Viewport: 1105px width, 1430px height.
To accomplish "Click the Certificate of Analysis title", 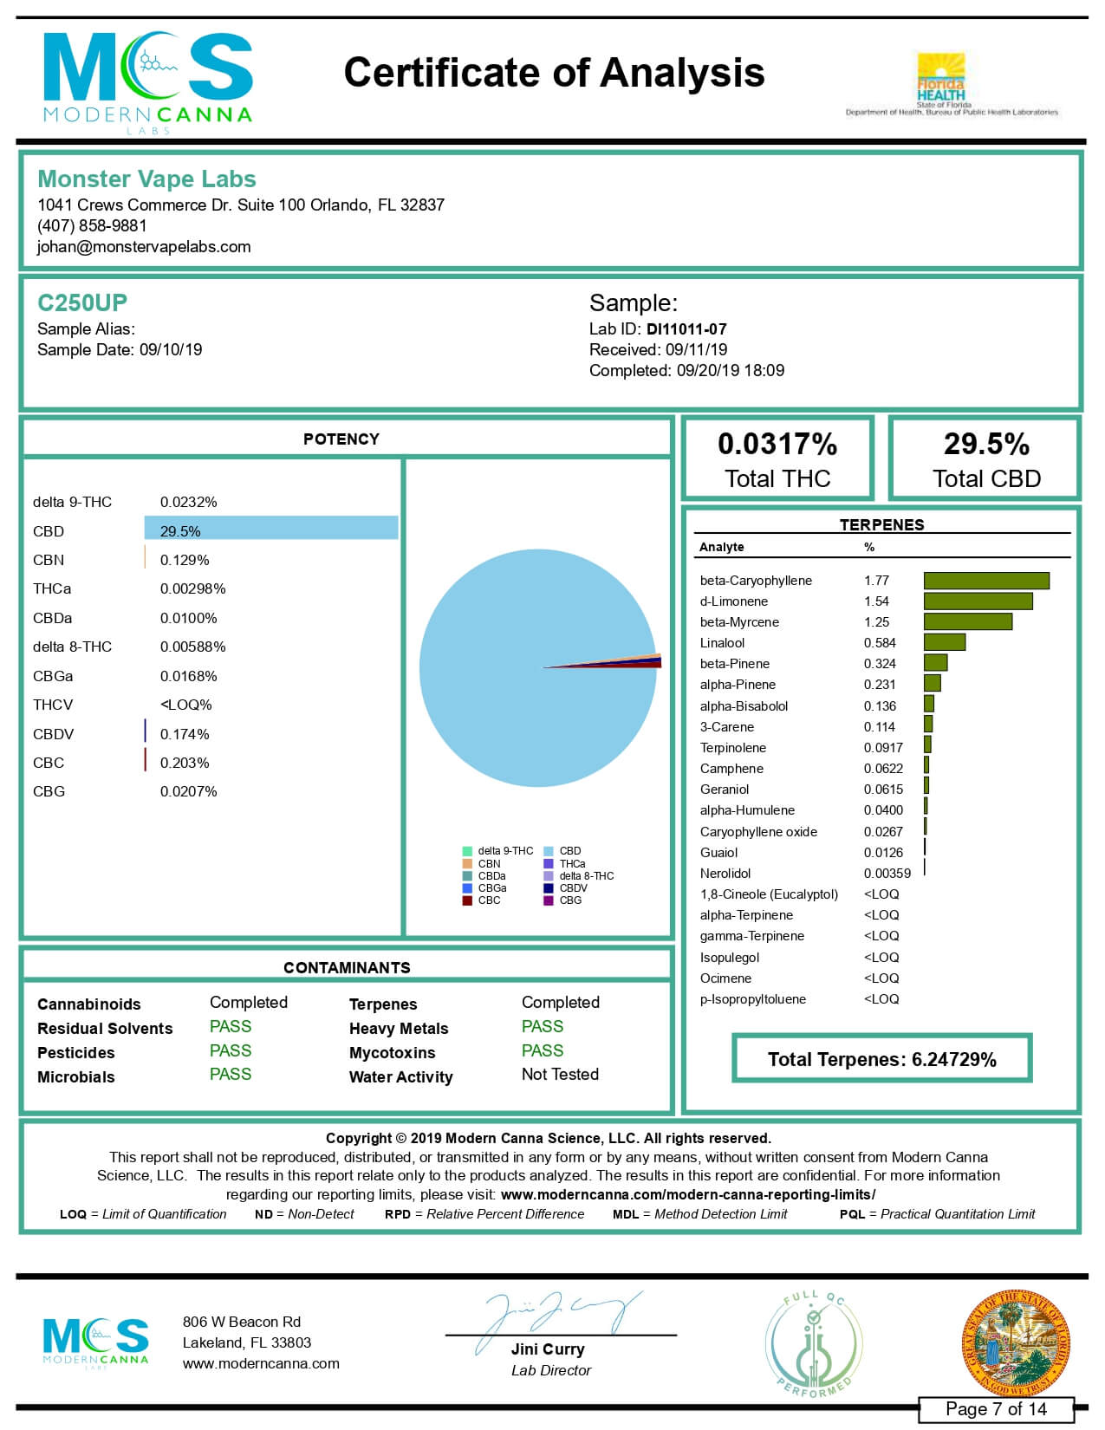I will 554,73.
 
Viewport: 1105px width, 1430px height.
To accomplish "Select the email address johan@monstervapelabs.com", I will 144,247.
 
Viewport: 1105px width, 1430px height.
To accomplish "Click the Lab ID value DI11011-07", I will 686,329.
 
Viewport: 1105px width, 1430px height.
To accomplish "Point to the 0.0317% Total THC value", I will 777,445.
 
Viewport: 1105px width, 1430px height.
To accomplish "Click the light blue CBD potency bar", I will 271,528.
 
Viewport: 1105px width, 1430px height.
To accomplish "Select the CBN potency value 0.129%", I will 185,561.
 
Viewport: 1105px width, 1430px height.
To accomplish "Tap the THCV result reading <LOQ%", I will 185,705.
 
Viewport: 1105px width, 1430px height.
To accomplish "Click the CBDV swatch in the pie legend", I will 549,888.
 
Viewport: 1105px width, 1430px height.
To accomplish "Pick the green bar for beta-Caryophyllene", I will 986,581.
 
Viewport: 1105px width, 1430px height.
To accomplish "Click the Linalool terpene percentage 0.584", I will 880,643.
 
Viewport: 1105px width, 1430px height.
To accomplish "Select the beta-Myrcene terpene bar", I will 967,622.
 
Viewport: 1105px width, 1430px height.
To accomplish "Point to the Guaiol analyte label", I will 718,853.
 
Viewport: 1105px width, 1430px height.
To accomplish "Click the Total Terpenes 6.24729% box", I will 881,1059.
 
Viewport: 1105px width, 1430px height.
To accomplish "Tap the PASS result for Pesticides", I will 231,1051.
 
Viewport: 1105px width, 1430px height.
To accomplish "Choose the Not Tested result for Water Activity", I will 560,1075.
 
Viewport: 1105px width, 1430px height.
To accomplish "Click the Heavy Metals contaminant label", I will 399,1029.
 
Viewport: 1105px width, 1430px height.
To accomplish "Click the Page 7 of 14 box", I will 996,1409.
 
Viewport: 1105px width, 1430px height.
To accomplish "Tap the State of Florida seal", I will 1016,1342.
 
